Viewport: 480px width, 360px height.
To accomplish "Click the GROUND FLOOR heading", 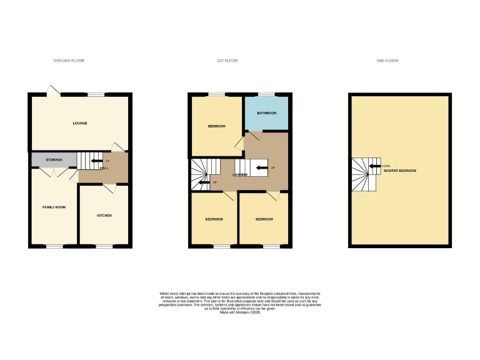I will pyautogui.click(x=69, y=61).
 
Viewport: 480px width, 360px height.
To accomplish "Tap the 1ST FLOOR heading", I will pyautogui.click(x=227, y=61).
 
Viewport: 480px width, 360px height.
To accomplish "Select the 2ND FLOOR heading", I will pyautogui.click(x=387, y=61).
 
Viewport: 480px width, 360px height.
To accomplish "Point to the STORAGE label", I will pyautogui.click(x=54, y=160).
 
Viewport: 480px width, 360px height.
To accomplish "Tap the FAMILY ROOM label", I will pyautogui.click(x=54, y=207).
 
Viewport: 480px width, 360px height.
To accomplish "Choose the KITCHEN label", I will pyautogui.click(x=104, y=216).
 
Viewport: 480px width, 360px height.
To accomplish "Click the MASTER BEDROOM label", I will pyautogui.click(x=400, y=171).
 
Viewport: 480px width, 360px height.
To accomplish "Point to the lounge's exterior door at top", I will pyautogui.click(x=52, y=91).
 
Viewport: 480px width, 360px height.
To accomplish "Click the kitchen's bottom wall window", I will pyautogui.click(x=104, y=246).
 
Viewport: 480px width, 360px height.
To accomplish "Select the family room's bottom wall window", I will pyautogui.click(x=54, y=246).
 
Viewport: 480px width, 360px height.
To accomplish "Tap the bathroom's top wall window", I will pyautogui.click(x=266, y=94).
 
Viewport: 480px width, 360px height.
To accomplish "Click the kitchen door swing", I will pyautogui.click(x=108, y=188).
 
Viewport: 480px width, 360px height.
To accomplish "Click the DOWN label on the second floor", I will pyautogui.click(x=385, y=166).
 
